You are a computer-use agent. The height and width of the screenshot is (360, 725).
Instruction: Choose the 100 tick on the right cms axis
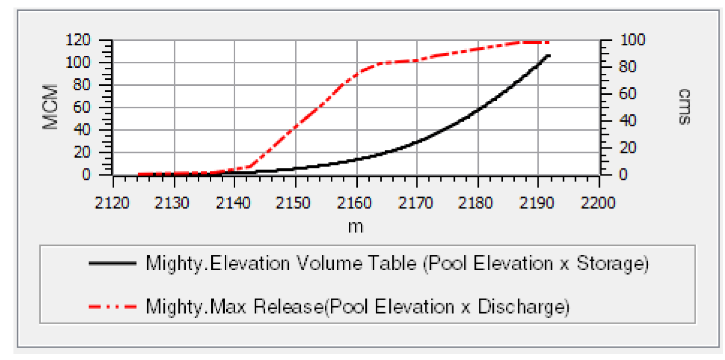631,40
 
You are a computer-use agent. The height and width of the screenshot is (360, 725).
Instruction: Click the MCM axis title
51,107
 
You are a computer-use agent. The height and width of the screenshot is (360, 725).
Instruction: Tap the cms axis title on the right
685,107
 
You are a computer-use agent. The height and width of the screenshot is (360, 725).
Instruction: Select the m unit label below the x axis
355,226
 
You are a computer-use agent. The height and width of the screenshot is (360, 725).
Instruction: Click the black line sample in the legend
112,264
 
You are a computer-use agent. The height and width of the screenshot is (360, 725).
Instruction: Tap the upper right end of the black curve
549,55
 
